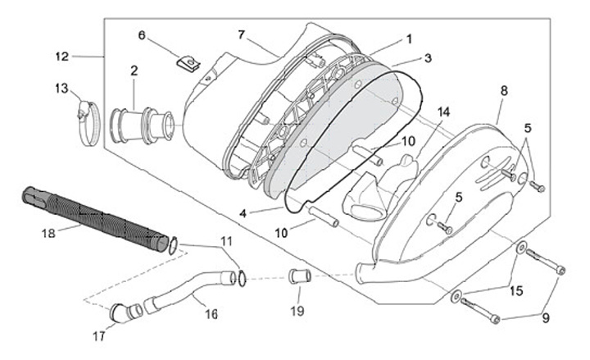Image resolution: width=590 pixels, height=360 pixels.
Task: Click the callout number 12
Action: point(62,57)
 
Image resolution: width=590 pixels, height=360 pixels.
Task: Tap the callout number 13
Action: point(62,88)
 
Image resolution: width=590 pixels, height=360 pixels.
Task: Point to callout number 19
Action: point(297,311)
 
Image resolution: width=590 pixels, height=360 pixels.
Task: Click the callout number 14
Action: point(443,112)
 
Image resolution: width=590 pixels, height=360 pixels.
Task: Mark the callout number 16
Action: point(211,314)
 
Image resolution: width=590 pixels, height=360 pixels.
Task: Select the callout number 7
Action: point(242,34)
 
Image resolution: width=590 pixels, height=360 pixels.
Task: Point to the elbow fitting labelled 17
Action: point(120,312)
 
